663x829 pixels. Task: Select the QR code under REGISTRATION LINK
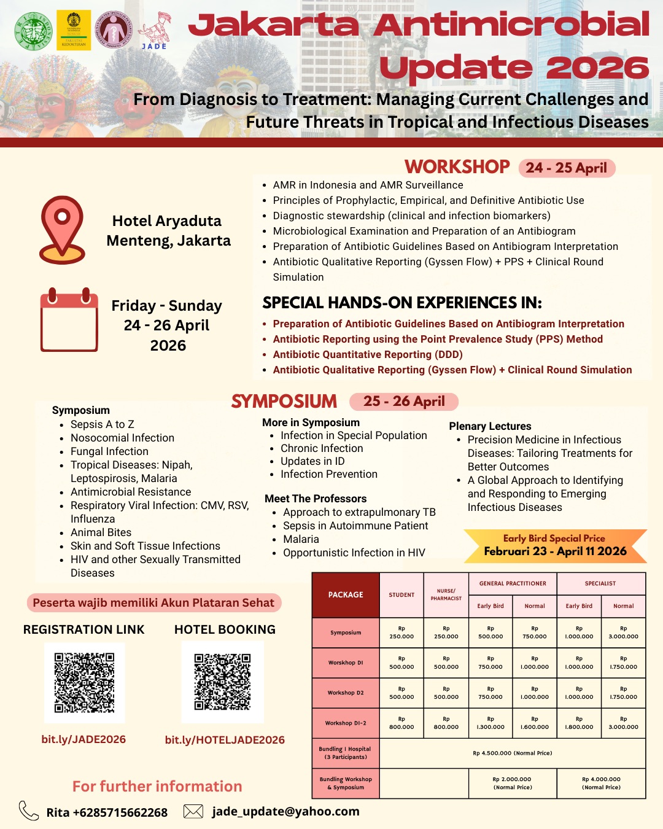click(84, 682)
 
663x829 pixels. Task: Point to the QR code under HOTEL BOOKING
click(222, 682)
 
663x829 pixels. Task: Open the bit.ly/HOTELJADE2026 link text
click(225, 740)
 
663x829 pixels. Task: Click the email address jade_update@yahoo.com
click(285, 811)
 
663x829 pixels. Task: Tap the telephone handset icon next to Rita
click(28, 811)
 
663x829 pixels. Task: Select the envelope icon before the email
click(193, 811)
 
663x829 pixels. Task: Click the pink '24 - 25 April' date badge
click(566, 168)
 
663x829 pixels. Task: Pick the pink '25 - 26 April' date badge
click(404, 402)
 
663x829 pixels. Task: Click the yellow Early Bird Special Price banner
click(555, 545)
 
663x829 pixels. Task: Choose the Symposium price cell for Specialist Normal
click(623, 632)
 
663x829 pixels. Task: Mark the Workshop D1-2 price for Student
click(401, 723)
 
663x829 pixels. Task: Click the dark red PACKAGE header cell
click(346, 594)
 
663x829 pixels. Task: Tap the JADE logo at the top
click(154, 31)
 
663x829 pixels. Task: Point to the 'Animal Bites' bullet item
click(101, 532)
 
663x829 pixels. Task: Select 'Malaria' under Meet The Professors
click(301, 539)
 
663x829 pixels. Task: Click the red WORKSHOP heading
click(457, 166)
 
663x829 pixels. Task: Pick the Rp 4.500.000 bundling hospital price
click(512, 753)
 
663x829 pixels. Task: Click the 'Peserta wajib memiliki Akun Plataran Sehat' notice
click(153, 602)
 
